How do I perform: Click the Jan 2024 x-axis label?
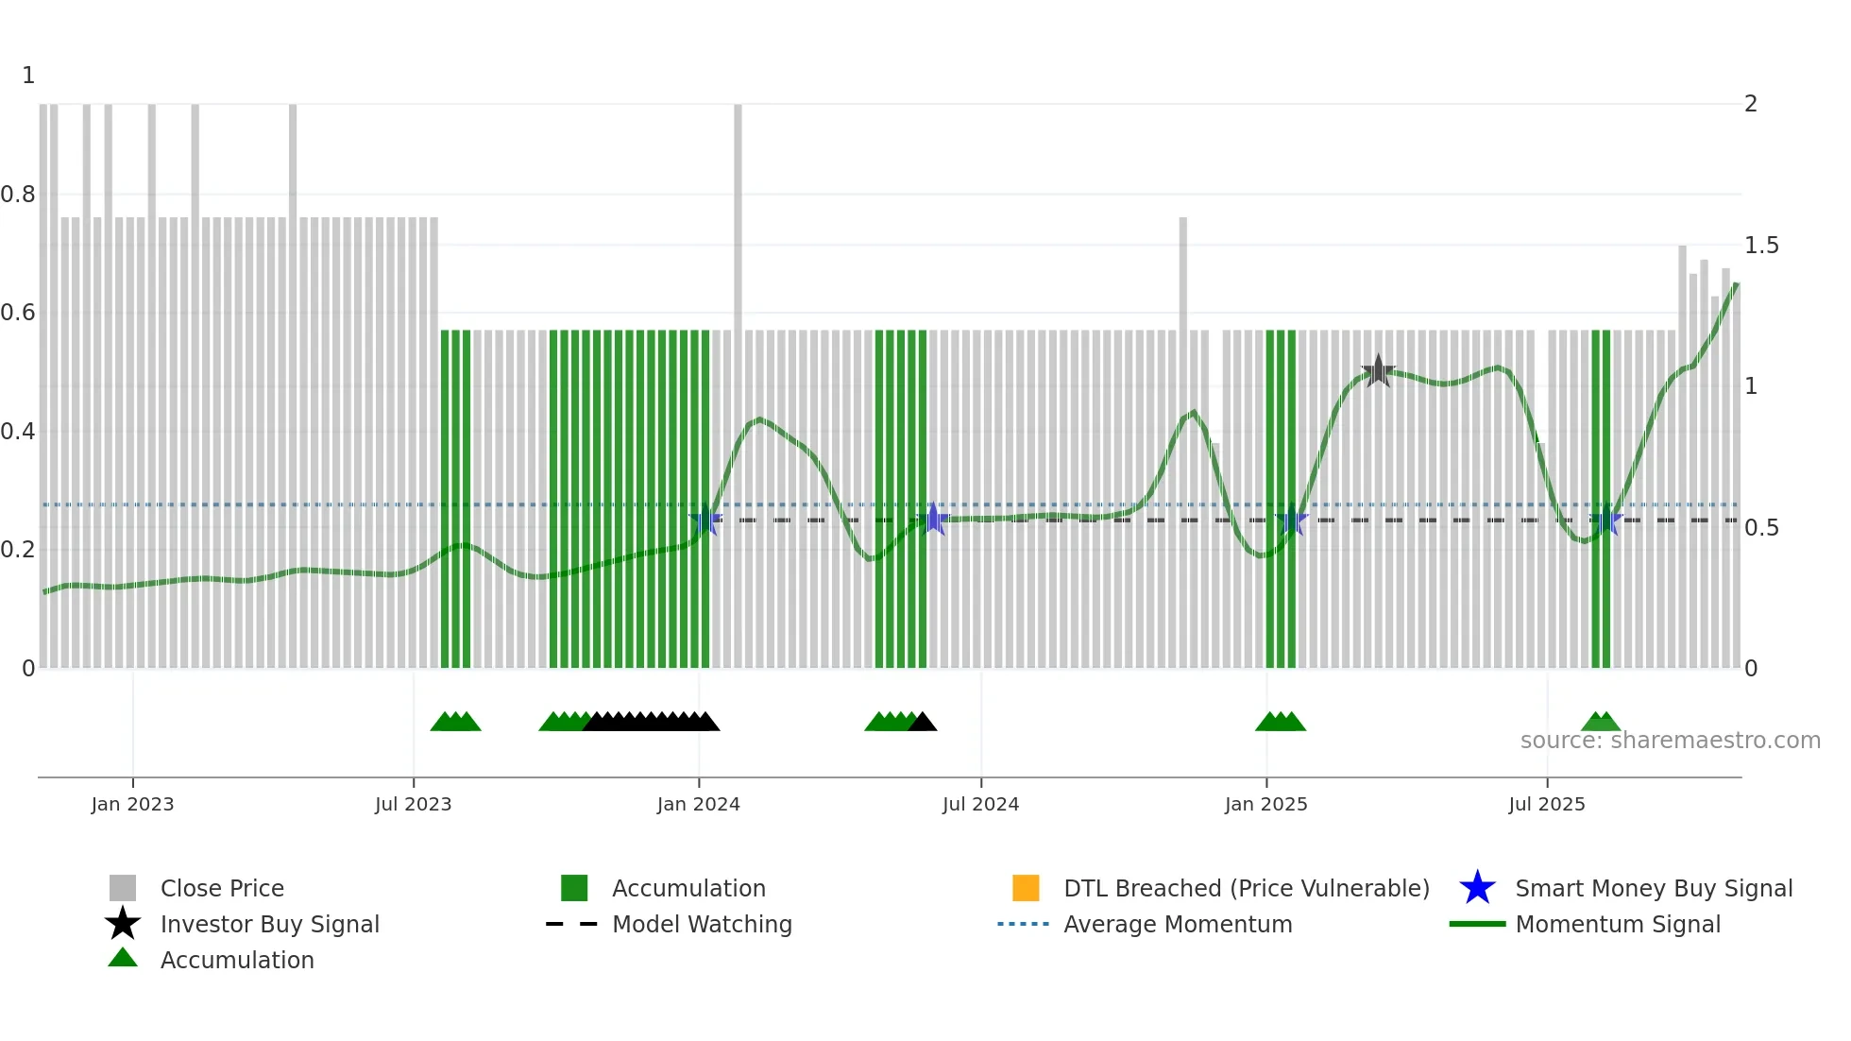click(698, 804)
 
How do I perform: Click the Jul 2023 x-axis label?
click(413, 804)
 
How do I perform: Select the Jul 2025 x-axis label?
click(1546, 804)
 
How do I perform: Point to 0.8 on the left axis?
click(18, 195)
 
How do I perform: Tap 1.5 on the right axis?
click(1761, 246)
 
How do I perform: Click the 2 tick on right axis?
click(1750, 104)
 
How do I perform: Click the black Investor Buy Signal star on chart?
click(1378, 371)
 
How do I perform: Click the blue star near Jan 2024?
click(705, 520)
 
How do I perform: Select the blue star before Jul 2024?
click(933, 519)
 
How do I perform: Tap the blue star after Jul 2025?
click(1605, 520)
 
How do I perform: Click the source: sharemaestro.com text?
click(1670, 741)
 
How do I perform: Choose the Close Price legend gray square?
click(123, 888)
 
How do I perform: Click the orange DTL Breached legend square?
click(1026, 888)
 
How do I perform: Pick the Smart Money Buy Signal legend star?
click(1477, 888)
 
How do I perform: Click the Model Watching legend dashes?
click(572, 924)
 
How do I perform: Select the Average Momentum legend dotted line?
click(1023, 924)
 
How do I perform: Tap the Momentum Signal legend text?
click(1618, 924)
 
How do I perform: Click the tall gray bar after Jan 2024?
click(738, 217)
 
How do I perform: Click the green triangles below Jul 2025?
click(1601, 723)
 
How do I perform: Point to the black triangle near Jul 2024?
click(923, 723)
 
